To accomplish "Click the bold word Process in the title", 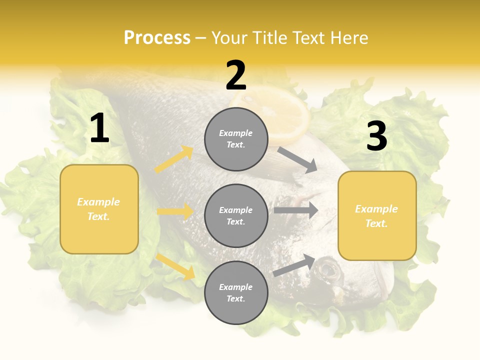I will point(157,37).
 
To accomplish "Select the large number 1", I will point(99,128).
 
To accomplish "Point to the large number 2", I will point(236,75).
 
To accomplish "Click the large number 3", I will point(376,136).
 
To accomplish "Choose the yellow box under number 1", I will point(99,209).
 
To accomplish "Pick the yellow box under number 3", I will point(377,215).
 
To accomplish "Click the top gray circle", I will point(236,139).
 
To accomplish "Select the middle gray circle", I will point(236,215).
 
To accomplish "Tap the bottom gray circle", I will point(236,292).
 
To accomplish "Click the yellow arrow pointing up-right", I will point(174,159).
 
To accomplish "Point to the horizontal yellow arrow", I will point(175,211).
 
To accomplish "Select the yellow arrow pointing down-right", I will point(175,266).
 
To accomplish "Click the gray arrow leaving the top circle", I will point(297,159).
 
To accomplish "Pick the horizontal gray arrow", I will point(295,210).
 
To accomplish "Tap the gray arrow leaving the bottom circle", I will point(294,265).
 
